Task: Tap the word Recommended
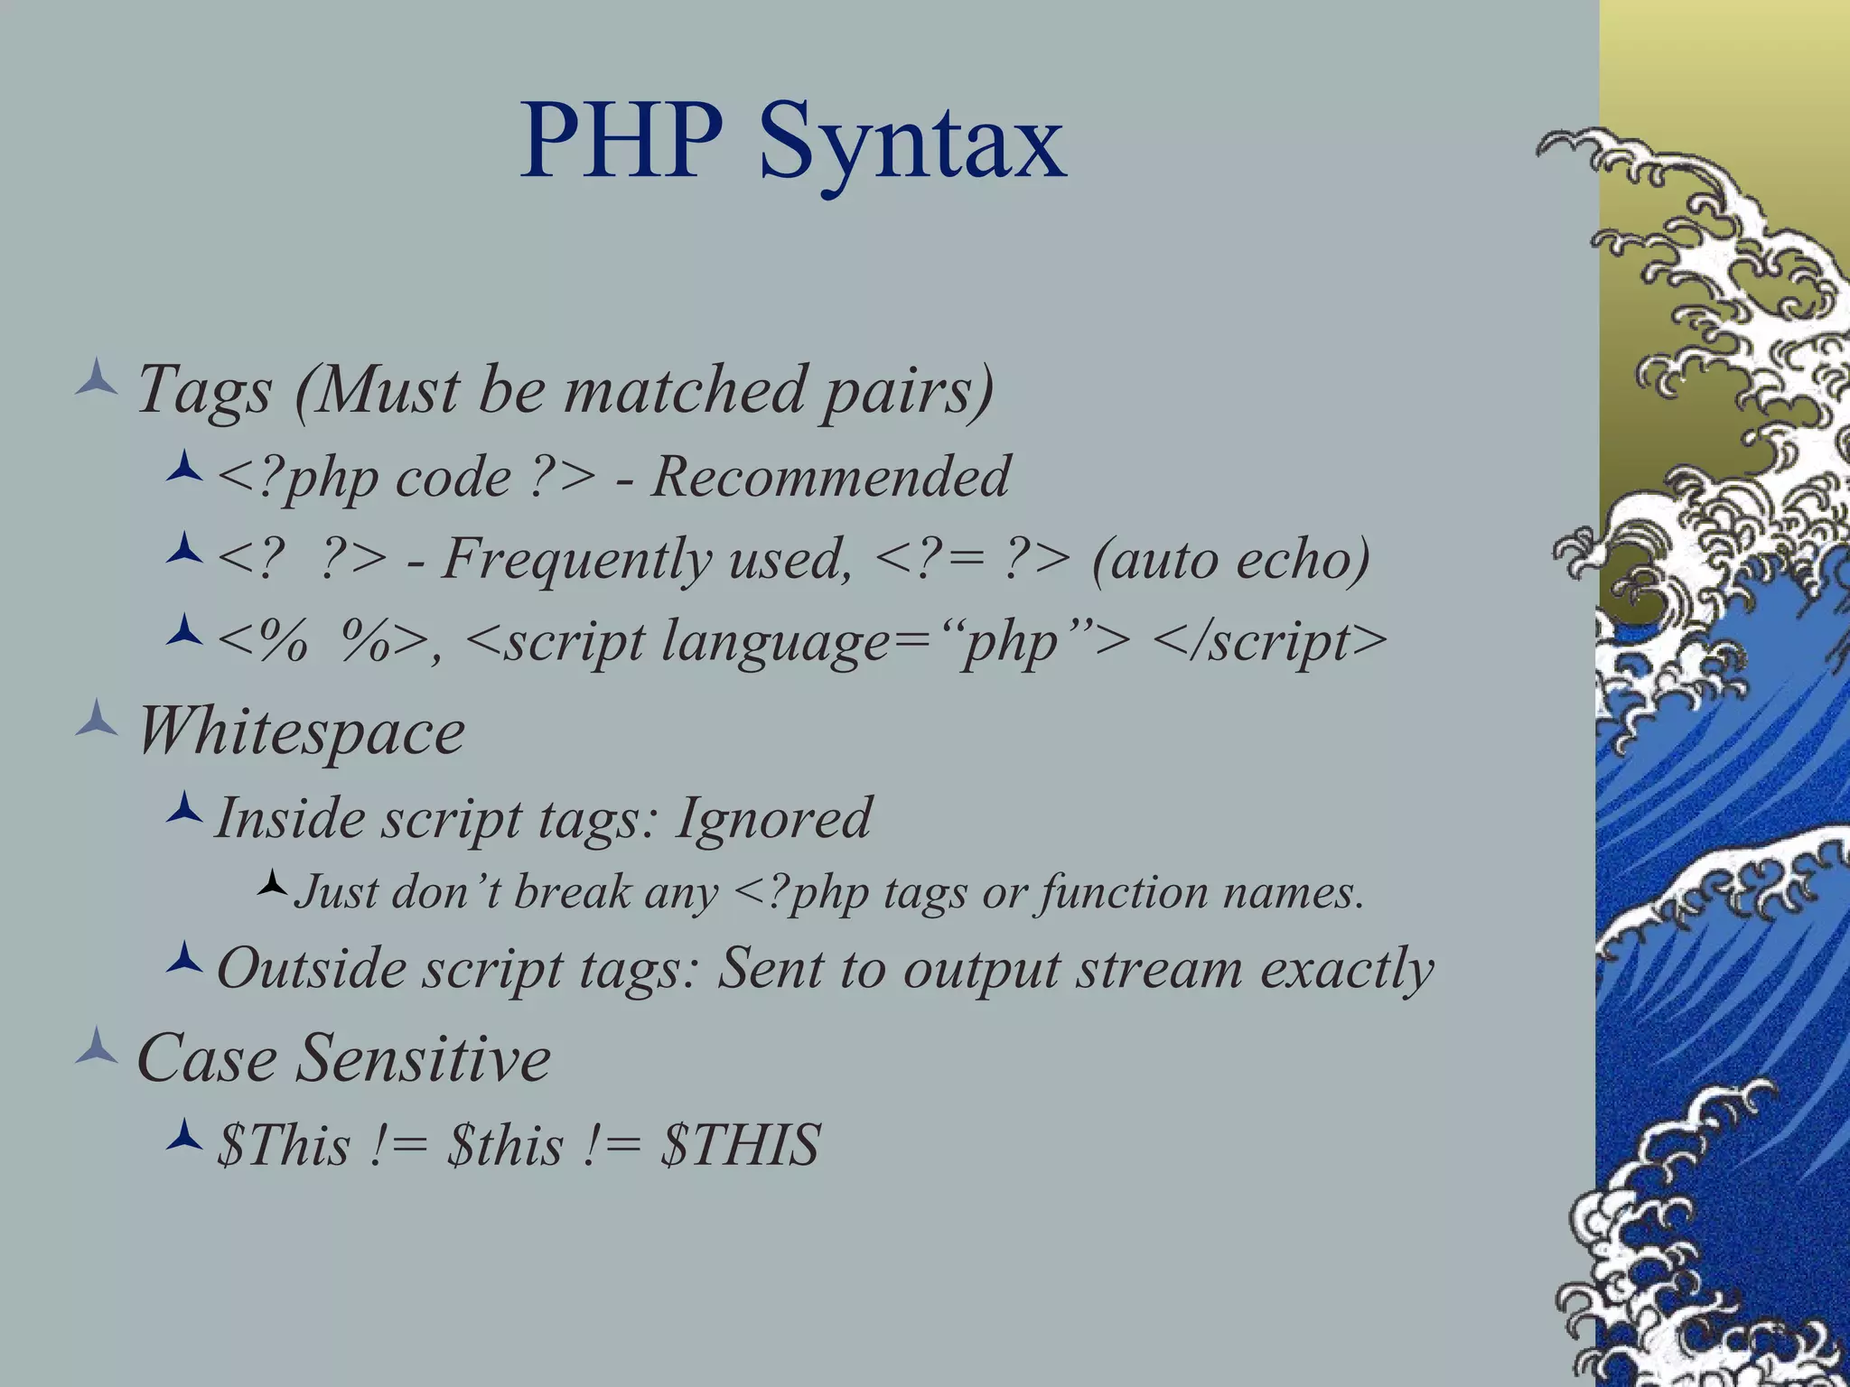(829, 477)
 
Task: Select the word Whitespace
(300, 731)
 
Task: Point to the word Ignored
(773, 818)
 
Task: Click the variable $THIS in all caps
(740, 1145)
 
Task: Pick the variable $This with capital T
(283, 1145)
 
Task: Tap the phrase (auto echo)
(1230, 559)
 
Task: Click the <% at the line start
(261, 642)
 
